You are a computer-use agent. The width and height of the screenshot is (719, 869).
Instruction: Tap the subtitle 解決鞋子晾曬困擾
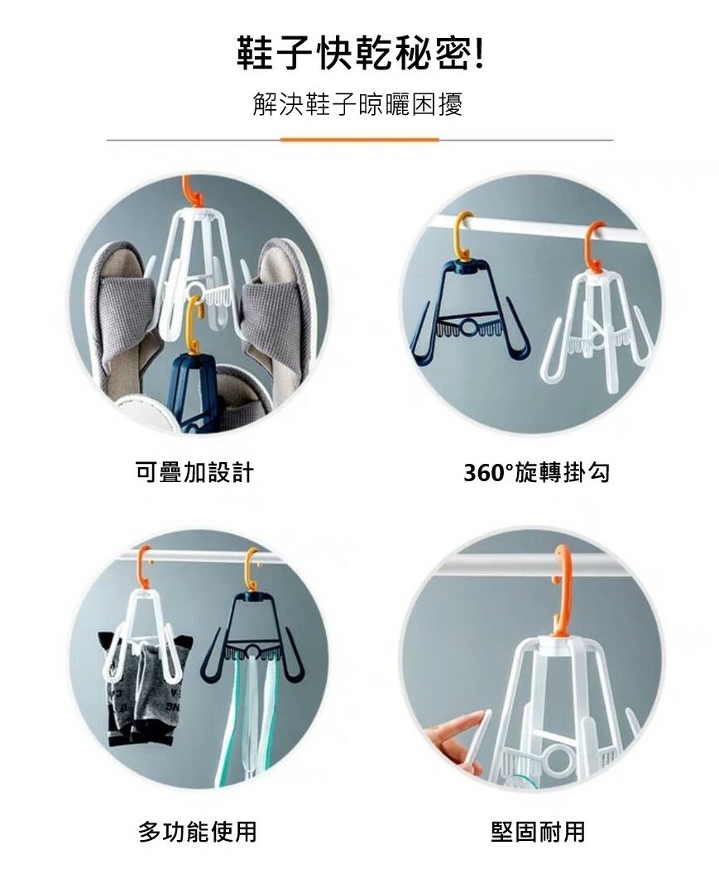point(357,104)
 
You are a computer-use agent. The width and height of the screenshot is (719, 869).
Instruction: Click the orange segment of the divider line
point(359,140)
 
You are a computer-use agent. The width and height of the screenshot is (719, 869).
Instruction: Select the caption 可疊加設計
point(194,472)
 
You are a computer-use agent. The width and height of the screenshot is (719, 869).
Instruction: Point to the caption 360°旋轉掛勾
point(536,473)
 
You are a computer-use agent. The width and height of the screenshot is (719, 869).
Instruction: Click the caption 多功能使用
point(198,832)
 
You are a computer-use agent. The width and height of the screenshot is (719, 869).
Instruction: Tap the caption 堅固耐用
point(538,832)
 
